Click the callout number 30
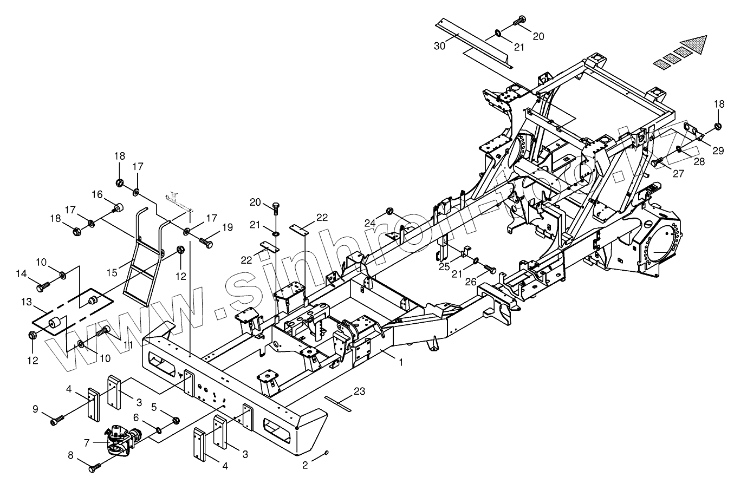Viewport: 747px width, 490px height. (439, 47)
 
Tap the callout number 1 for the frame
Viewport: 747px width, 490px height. (401, 362)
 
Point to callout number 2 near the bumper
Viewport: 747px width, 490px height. (305, 465)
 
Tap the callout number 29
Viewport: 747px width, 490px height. (718, 151)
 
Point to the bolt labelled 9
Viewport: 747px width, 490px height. (57, 419)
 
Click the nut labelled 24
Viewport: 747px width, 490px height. (389, 211)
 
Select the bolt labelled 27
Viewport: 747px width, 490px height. (657, 161)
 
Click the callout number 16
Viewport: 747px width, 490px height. (96, 194)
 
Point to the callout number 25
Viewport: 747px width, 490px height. (444, 267)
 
